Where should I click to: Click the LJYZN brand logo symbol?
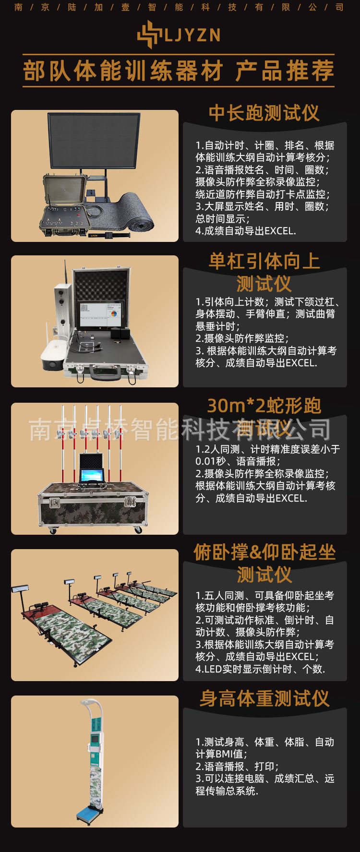tap(147, 35)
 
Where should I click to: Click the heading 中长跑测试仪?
tap(264, 113)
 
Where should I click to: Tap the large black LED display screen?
tap(94, 141)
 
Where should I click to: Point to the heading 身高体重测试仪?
tap(264, 698)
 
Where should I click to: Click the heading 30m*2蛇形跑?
tap(264, 406)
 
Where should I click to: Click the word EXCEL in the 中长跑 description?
tap(279, 231)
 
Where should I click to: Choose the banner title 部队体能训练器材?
tap(123, 71)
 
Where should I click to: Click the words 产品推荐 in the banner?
tap(285, 71)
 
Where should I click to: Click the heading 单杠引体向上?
tap(264, 262)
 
